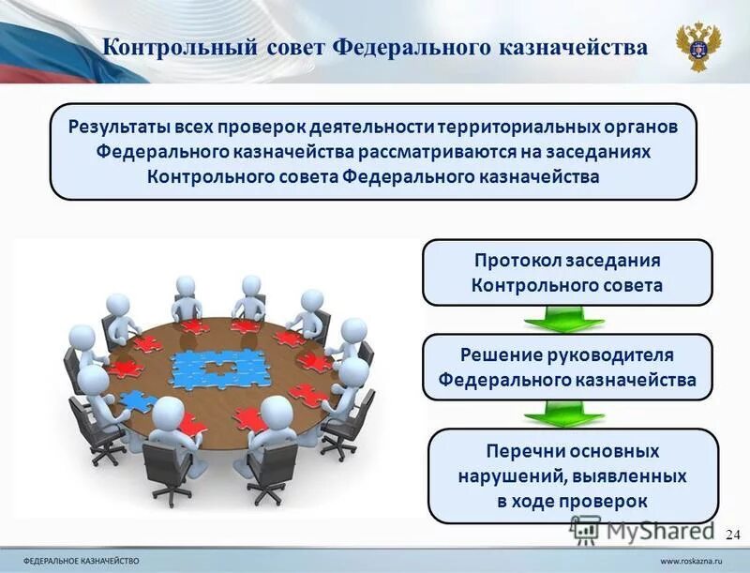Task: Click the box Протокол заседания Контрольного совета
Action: coord(567,272)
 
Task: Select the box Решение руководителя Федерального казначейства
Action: coord(567,367)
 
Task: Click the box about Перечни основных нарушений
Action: coord(572,475)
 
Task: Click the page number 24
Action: coord(733,535)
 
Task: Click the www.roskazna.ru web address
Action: coord(695,560)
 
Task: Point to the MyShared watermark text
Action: coord(656,530)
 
